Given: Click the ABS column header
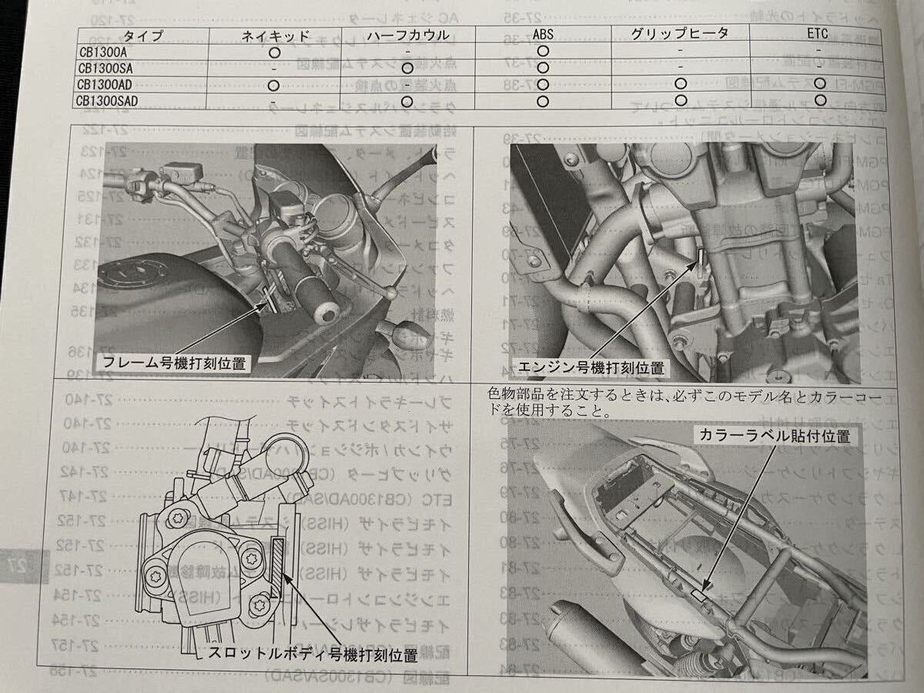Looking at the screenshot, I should (x=542, y=34).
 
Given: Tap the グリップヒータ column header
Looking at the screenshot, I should (x=679, y=33).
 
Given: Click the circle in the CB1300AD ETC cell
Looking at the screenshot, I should (x=819, y=84).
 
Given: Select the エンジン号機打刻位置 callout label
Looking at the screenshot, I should (x=590, y=368).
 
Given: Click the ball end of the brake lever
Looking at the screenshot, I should (x=393, y=293).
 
